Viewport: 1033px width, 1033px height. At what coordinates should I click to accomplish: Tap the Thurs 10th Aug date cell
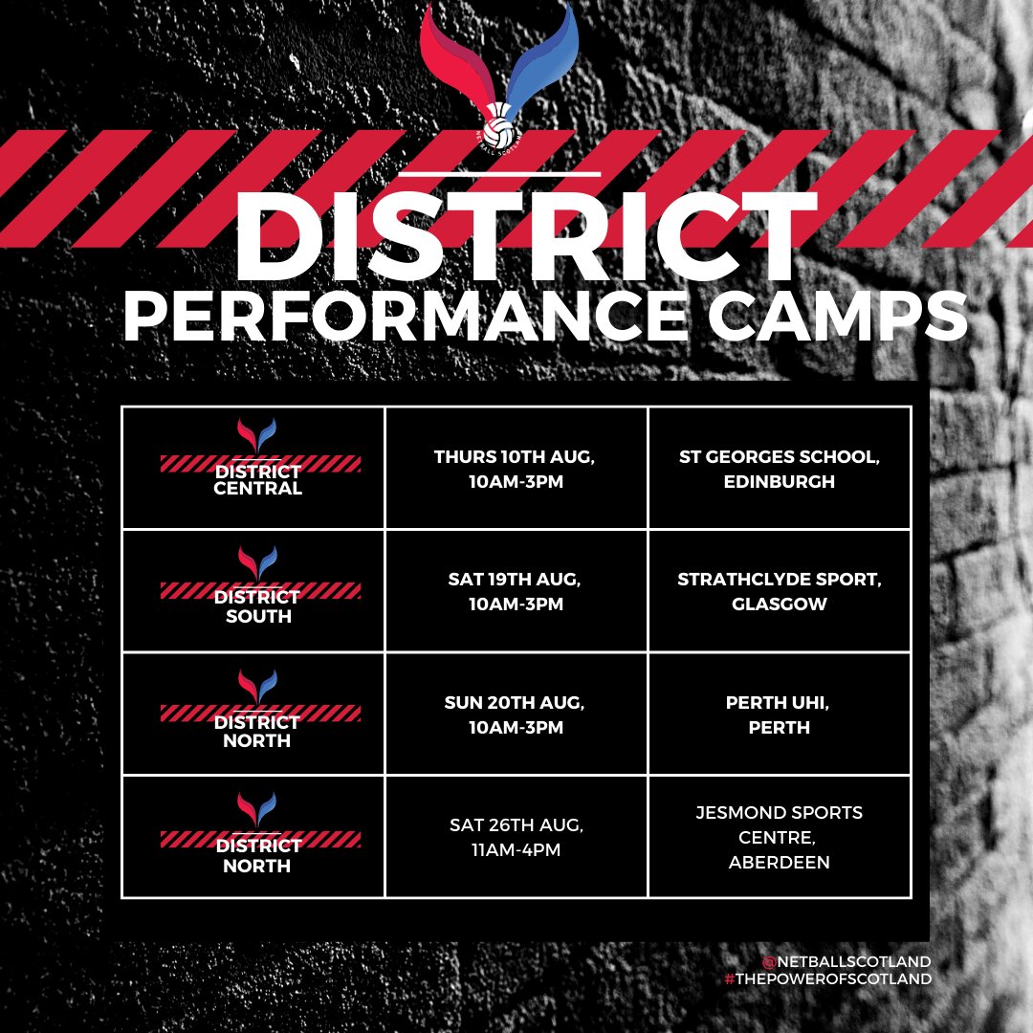point(516,469)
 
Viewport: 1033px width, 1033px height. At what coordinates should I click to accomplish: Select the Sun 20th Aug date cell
point(516,714)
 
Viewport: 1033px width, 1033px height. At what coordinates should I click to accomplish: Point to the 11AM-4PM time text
point(516,849)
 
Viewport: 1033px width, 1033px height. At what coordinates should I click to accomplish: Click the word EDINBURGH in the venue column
point(780,482)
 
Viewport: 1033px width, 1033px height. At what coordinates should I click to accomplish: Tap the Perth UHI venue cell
point(780,714)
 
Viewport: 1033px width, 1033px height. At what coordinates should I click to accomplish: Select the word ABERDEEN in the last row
point(780,863)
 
